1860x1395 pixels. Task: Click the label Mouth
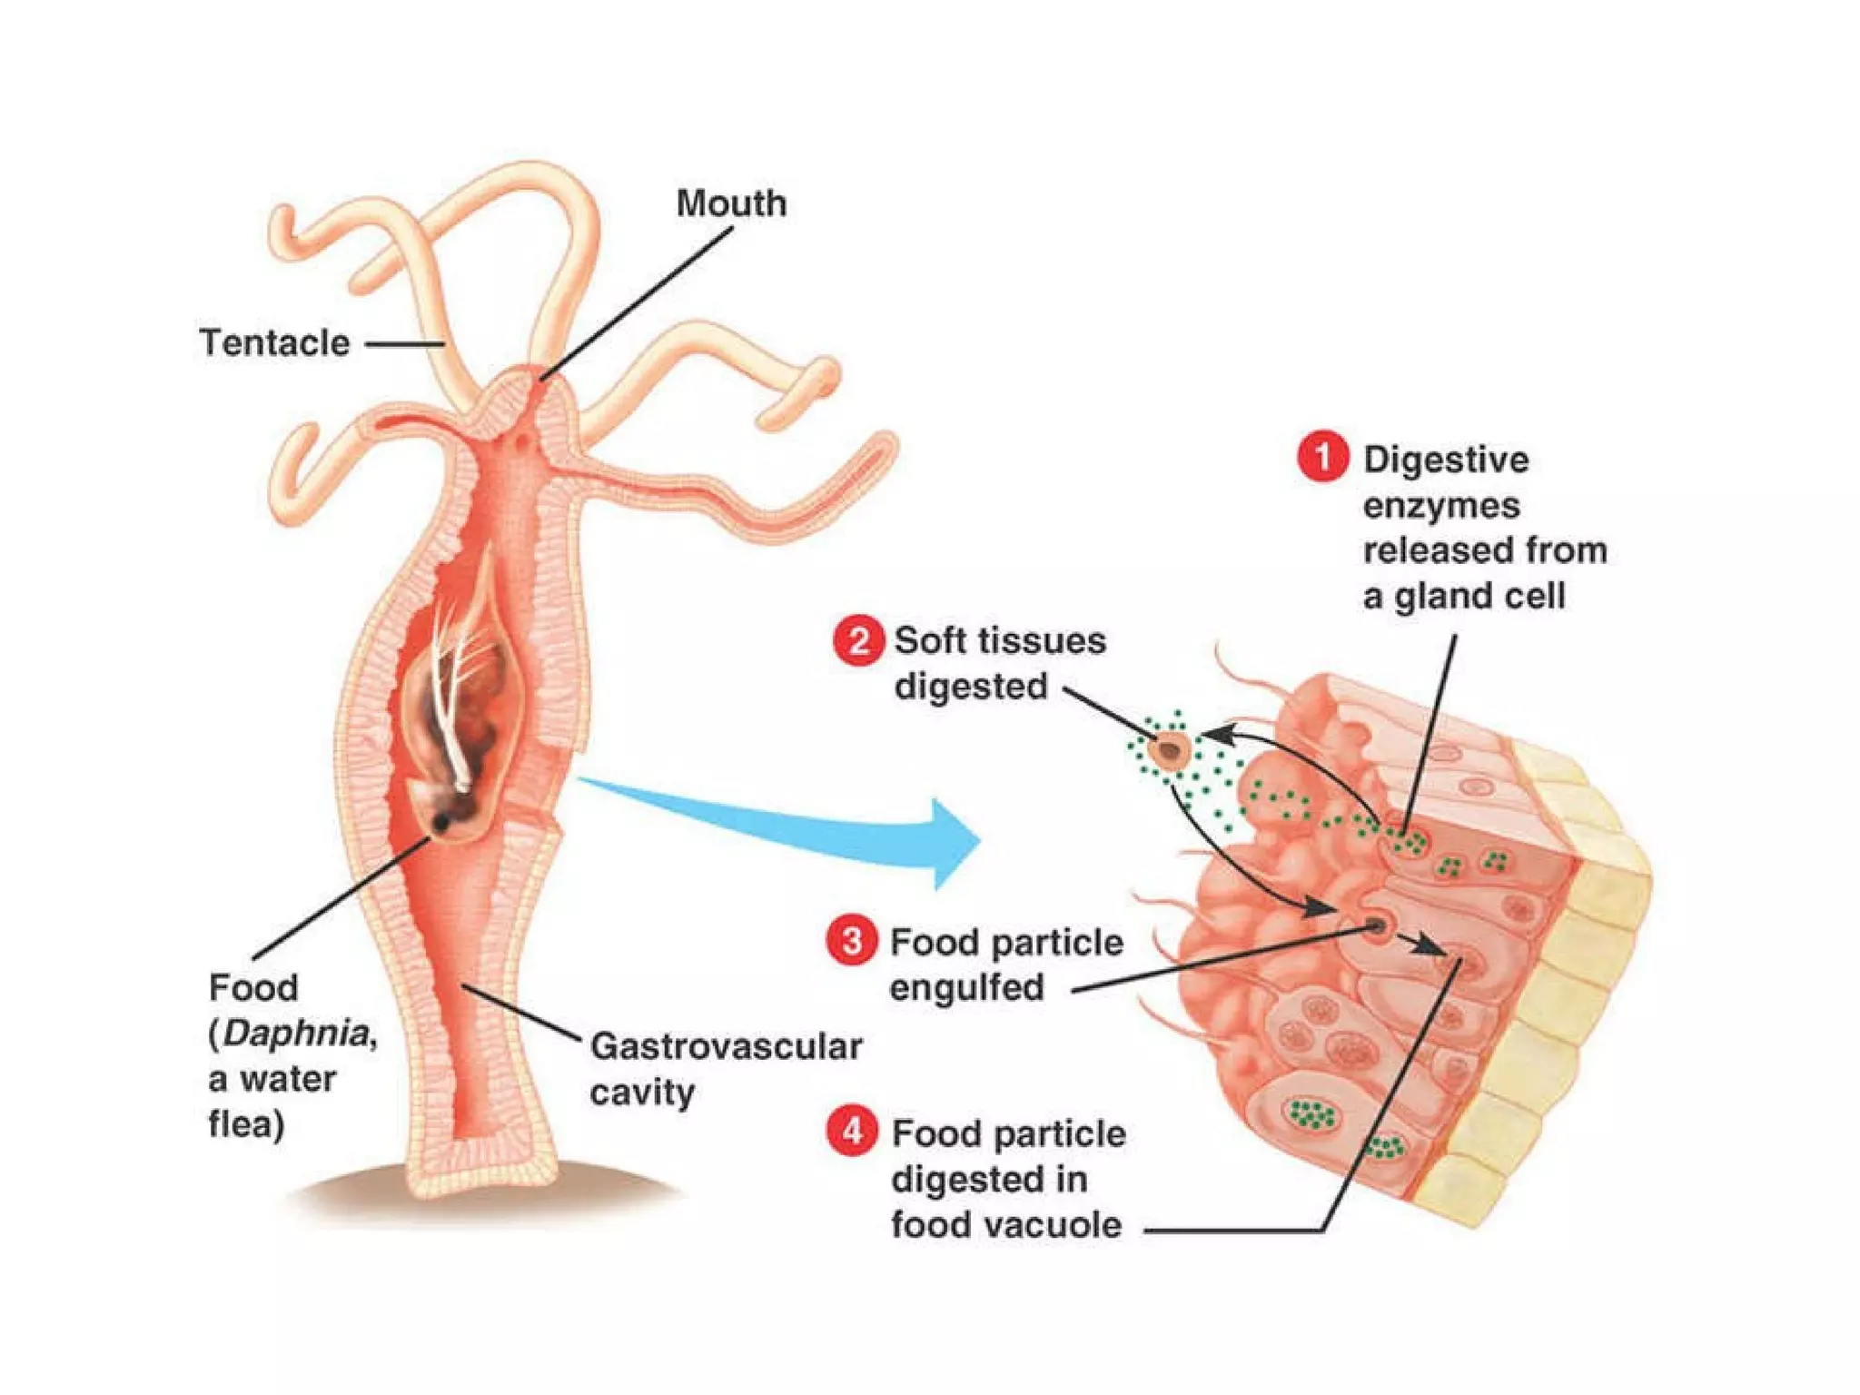[731, 203]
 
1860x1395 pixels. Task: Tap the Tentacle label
[274, 343]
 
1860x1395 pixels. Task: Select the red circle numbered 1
[1322, 457]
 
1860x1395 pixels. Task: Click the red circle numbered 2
[856, 640]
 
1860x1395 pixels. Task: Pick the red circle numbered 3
[851, 941]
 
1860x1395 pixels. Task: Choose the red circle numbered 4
[852, 1133]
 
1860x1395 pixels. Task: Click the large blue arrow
[817, 826]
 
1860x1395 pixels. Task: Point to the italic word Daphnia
[296, 1034]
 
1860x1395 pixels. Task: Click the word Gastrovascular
[726, 1046]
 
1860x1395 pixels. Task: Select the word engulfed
[966, 987]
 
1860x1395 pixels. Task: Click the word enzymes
[1440, 505]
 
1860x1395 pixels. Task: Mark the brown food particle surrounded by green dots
[1169, 751]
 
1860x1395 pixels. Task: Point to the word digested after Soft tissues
[970, 687]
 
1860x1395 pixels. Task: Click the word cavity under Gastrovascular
[641, 1093]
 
